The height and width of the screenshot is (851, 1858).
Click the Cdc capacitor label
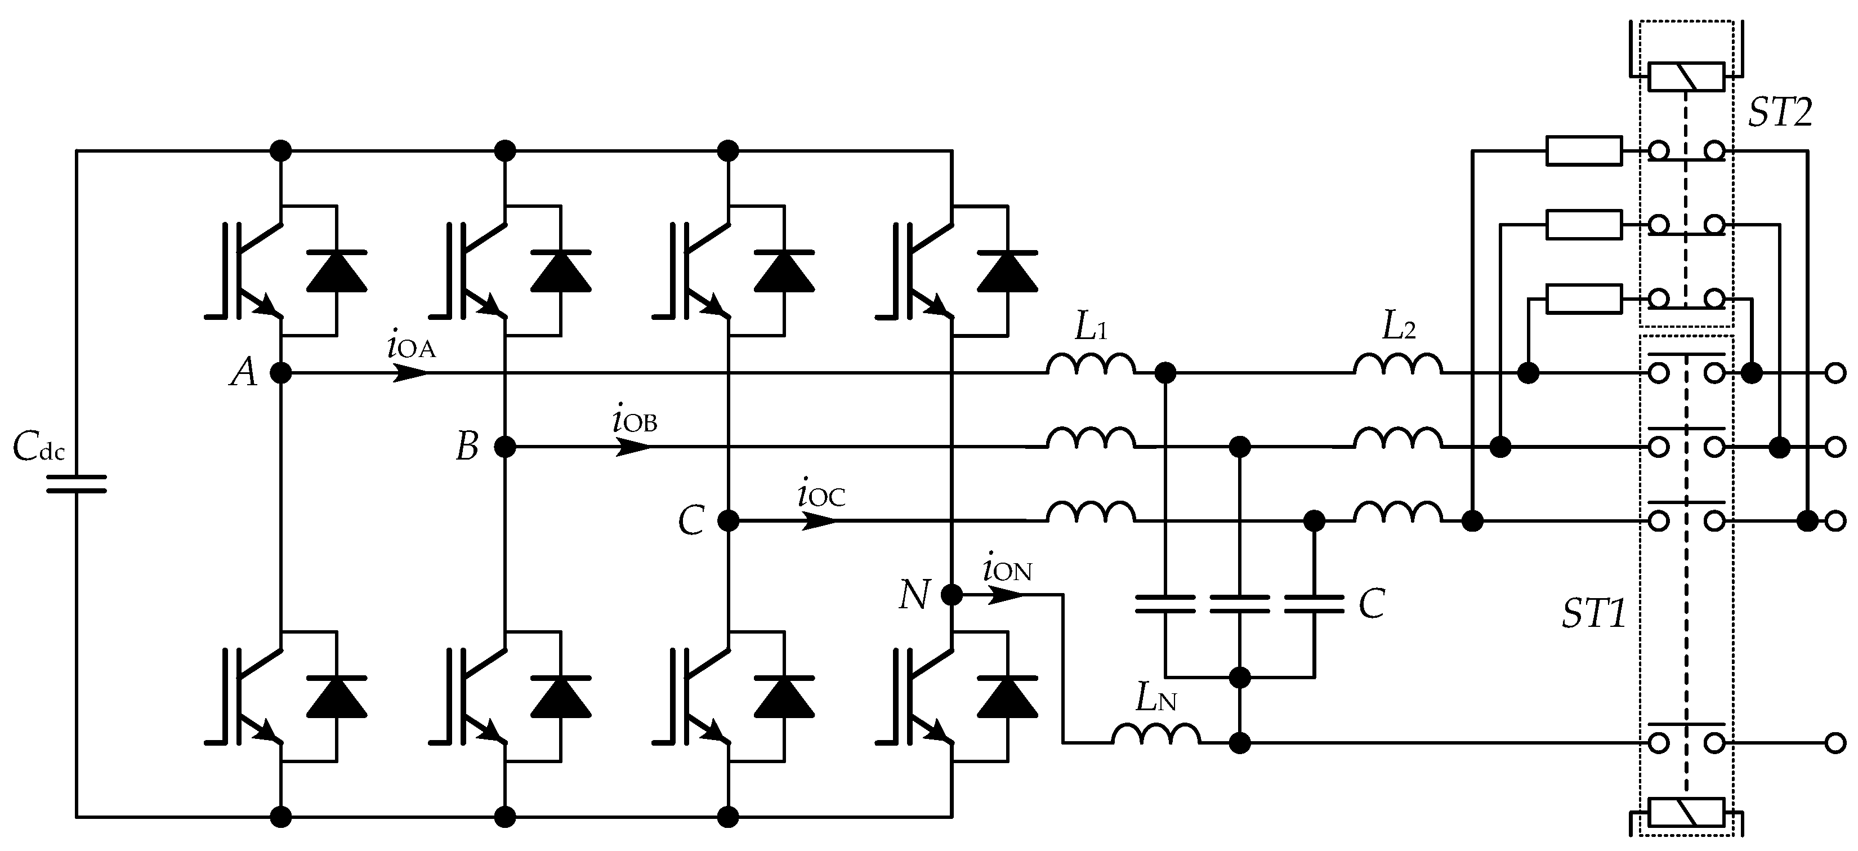[x=39, y=448]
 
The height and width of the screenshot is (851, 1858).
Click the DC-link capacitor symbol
[x=77, y=484]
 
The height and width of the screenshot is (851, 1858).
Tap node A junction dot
[x=280, y=373]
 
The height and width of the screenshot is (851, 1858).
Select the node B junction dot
[x=505, y=447]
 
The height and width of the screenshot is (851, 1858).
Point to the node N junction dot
[x=952, y=595]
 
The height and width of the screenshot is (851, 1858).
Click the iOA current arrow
[x=410, y=373]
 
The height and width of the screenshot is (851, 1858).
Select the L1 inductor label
[x=1091, y=328]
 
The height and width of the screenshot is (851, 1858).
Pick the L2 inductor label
[x=1398, y=328]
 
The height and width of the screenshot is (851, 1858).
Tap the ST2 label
[x=1780, y=113]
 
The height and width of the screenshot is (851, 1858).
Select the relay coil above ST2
[x=1687, y=77]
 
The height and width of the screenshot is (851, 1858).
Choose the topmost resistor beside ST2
[x=1584, y=151]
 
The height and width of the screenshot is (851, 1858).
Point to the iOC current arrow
[x=819, y=520]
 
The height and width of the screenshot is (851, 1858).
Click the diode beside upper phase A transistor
[x=337, y=271]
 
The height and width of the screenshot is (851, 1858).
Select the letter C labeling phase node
[x=691, y=520]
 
